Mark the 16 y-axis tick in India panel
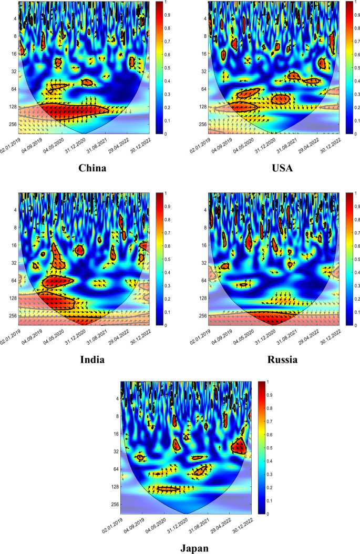pos(13,245)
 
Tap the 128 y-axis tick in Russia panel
pos(201,298)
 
